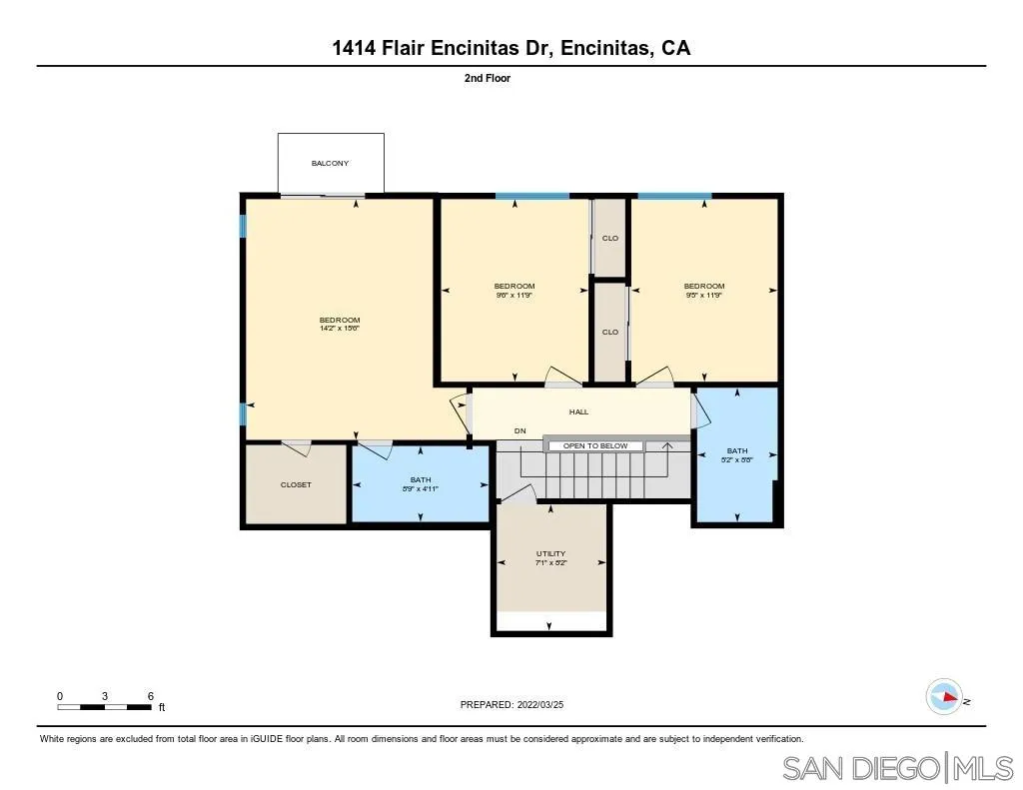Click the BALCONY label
[330, 163]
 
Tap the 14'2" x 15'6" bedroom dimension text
[339, 329]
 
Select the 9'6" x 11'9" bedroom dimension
[514, 296]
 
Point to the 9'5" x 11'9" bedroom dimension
[704, 296]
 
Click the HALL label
[579, 411]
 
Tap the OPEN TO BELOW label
[595, 446]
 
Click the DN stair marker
[520, 431]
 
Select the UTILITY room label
[550, 553]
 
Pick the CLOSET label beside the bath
[296, 485]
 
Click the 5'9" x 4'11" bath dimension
[421, 489]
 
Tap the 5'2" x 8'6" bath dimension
[737, 460]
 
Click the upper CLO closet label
[610, 238]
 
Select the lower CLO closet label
[610, 332]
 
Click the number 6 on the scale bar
[150, 695]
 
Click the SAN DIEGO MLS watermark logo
[897, 768]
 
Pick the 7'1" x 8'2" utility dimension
[550, 563]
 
